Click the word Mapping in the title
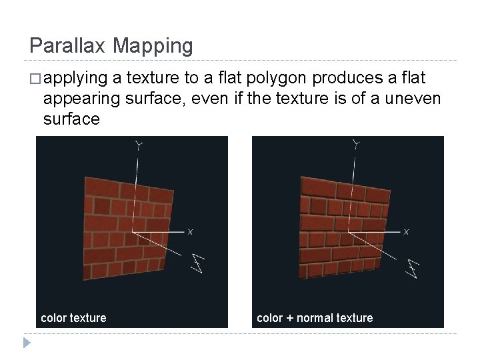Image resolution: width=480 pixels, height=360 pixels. (153, 46)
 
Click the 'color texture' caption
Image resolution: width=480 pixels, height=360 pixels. (73, 318)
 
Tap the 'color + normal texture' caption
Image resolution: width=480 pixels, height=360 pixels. (315, 318)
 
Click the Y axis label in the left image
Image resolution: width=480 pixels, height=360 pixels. (138, 144)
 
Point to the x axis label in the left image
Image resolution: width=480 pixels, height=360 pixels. (190, 232)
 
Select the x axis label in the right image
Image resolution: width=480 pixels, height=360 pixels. (407, 232)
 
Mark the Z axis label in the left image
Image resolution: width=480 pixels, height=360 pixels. (197, 263)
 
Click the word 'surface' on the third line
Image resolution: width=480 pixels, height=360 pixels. (71, 119)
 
